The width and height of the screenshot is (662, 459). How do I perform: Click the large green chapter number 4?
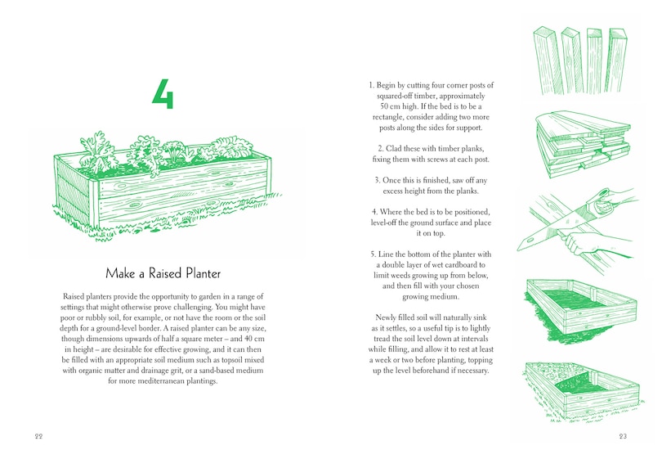pos(163,94)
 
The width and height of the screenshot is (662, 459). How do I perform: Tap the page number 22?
pos(39,436)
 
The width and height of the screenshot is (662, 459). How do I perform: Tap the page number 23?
pos(623,436)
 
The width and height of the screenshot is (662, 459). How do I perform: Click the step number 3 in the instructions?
pos(377,181)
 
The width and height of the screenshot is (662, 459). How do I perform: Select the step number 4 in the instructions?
pos(374,212)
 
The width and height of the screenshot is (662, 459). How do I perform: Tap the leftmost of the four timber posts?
pos(548,61)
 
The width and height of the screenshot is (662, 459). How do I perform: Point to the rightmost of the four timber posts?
pos(617,60)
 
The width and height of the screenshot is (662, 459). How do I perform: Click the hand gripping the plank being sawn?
pos(577,243)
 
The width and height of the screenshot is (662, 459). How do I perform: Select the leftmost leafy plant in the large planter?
pos(96,153)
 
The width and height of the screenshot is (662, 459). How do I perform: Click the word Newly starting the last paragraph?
pos(386,317)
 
